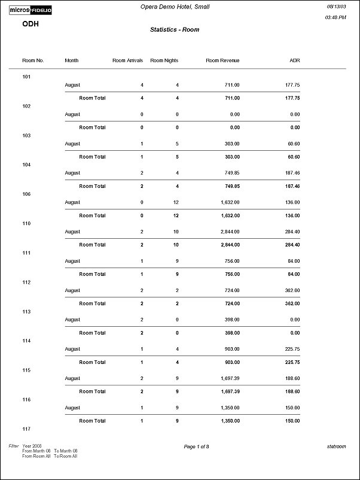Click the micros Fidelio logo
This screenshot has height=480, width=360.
[30, 10]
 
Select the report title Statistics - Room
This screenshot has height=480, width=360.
[175, 29]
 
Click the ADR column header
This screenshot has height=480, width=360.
[294, 60]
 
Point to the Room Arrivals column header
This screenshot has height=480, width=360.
[127, 60]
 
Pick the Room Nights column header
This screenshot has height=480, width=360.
[164, 60]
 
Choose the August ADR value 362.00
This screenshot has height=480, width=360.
[292, 290]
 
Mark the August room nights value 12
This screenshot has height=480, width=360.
[176, 202]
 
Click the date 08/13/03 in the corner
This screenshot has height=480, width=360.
[335, 6]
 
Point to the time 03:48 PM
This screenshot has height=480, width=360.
[335, 18]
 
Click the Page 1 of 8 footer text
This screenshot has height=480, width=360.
[196, 446]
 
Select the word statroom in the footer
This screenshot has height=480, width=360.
[336, 446]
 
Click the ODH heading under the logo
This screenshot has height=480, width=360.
[30, 24]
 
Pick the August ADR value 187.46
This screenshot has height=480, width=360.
[292, 173]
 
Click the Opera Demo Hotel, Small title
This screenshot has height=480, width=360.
[179, 7]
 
